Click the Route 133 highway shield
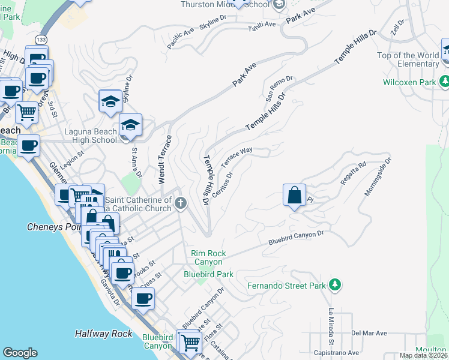[x=41, y=39]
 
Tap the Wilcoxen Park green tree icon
[x=444, y=81]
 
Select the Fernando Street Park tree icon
[x=336, y=285]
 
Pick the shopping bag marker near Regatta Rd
[x=294, y=196]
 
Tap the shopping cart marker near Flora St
[x=190, y=343]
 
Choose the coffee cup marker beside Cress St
[x=142, y=298]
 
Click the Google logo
[x=20, y=353]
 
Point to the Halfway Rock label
[x=103, y=334]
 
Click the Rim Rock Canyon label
[x=208, y=258]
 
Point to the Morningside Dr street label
[x=378, y=178]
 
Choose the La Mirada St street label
[x=331, y=322]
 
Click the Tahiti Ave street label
[x=262, y=25]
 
